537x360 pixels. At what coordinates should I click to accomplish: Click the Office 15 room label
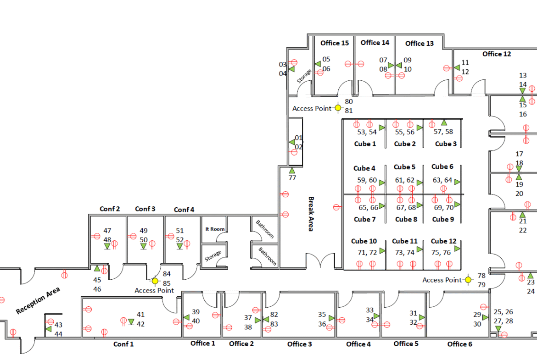coord(335,43)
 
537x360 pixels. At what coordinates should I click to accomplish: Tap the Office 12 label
coord(497,54)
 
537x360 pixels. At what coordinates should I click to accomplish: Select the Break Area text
coord(311,214)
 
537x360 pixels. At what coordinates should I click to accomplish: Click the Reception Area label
coord(38,301)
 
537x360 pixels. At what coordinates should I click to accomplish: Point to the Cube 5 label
coord(404,167)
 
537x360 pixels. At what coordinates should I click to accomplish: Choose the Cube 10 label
coord(364,241)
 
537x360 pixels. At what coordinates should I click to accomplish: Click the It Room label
coord(214,229)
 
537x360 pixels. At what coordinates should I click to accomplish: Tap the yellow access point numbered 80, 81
coord(338,108)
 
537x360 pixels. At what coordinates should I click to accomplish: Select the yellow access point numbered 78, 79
coord(468,279)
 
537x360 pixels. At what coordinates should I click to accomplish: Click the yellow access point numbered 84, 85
coord(155,281)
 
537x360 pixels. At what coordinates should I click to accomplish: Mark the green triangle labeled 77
coord(292,171)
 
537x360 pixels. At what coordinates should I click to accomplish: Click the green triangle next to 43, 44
coord(49,329)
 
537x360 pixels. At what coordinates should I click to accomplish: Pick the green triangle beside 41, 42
coord(131,322)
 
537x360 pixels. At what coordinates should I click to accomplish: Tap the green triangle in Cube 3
coord(444,122)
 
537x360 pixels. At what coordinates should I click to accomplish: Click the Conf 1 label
coord(123,344)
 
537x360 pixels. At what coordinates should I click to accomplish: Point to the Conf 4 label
coord(184,210)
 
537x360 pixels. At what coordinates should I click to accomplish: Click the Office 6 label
coord(459,344)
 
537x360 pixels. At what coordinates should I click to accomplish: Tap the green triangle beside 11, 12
coord(457,67)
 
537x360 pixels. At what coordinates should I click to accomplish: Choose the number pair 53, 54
coord(367,132)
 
